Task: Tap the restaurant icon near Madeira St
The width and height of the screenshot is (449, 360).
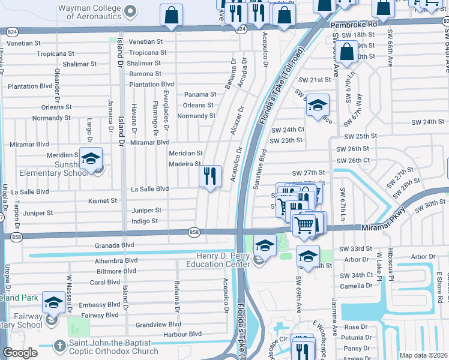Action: (x=210, y=176)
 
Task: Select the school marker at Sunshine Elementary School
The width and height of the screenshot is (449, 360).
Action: (x=91, y=159)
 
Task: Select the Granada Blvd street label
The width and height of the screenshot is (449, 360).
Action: (x=114, y=245)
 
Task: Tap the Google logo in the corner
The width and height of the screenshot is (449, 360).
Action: (x=20, y=353)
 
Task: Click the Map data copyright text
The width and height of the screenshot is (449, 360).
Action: (x=423, y=355)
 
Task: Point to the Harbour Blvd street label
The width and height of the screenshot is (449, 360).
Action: (x=178, y=334)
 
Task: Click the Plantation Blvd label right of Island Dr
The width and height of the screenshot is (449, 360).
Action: (x=151, y=85)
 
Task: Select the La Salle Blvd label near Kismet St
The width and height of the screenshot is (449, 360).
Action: (x=150, y=189)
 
